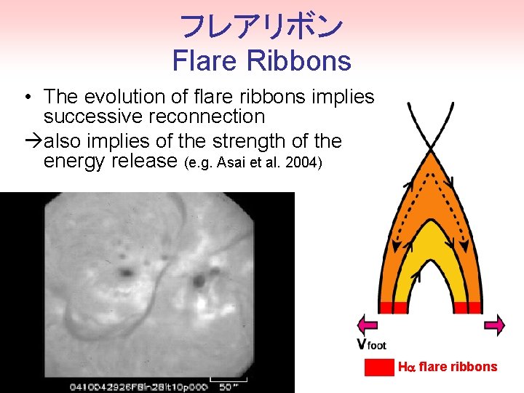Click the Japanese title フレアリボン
(261, 26)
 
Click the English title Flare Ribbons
(261, 60)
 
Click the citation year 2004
(306, 162)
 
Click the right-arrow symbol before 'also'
(32, 140)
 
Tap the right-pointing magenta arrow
(494, 325)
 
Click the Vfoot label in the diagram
(370, 344)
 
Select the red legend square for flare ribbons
(378, 367)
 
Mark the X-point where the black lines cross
(430, 149)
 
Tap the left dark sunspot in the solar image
(126, 272)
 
